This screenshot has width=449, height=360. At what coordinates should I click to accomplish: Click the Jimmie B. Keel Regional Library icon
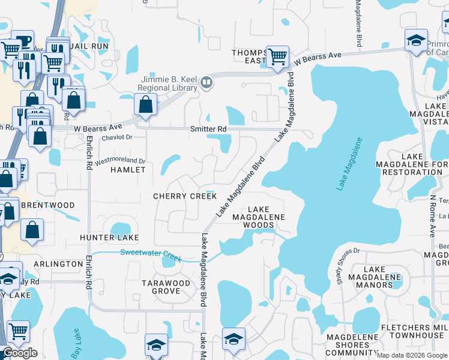pyautogui.click(x=207, y=82)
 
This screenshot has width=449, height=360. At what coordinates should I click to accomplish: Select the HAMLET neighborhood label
pyautogui.click(x=128, y=170)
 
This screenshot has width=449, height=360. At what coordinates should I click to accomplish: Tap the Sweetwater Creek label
pyautogui.click(x=151, y=254)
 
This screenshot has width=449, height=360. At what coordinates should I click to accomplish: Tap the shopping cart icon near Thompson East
pyautogui.click(x=277, y=57)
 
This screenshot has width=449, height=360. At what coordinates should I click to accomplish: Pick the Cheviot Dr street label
pyautogui.click(x=112, y=137)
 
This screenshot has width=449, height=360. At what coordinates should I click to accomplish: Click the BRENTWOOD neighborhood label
pyautogui.click(x=47, y=205)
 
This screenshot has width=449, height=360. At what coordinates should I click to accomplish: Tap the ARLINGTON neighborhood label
pyautogui.click(x=58, y=264)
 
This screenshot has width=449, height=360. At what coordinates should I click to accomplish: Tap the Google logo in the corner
pyautogui.click(x=20, y=353)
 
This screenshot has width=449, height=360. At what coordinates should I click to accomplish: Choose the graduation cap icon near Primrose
pyautogui.click(x=415, y=41)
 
